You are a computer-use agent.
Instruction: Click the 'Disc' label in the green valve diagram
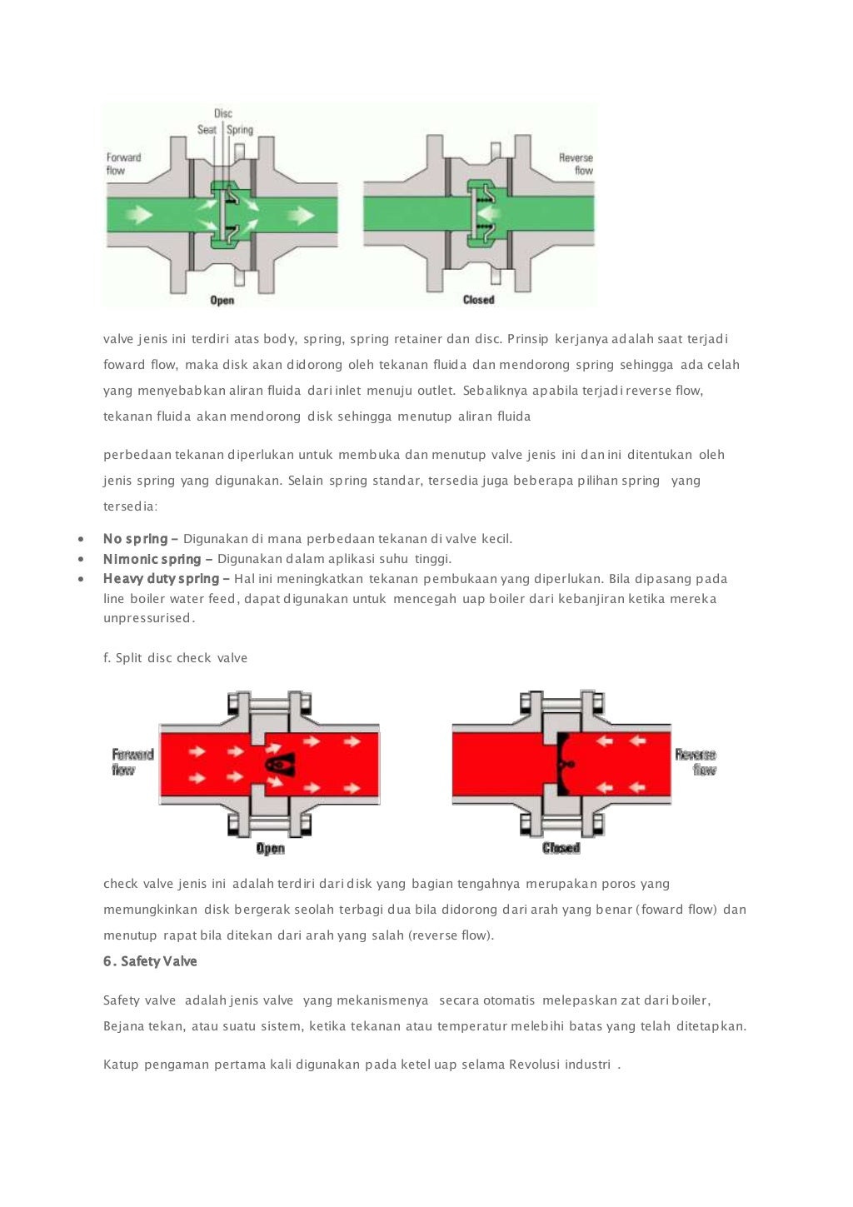click(223, 113)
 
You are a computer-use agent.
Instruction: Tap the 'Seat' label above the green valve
click(207, 130)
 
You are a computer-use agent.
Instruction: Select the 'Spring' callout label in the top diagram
click(240, 130)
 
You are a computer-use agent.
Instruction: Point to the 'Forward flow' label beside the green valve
click(123, 164)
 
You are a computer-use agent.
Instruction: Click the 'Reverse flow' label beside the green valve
click(576, 164)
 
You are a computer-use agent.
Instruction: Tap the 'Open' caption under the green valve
click(222, 300)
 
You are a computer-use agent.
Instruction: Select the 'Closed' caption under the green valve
click(479, 300)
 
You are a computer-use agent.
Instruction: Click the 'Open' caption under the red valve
click(271, 848)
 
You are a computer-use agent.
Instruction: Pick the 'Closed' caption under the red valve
click(561, 848)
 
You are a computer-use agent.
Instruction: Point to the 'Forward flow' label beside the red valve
click(132, 762)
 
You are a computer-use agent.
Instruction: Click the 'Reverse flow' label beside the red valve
click(696, 762)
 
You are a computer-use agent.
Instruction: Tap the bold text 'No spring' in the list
click(135, 539)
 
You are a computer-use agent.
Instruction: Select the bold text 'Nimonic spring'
click(152, 559)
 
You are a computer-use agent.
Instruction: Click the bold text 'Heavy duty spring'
click(161, 579)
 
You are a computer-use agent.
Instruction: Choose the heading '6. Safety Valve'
click(150, 961)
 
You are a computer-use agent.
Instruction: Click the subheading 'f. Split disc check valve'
click(175, 658)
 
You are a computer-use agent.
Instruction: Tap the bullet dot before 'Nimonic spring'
click(81, 559)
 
